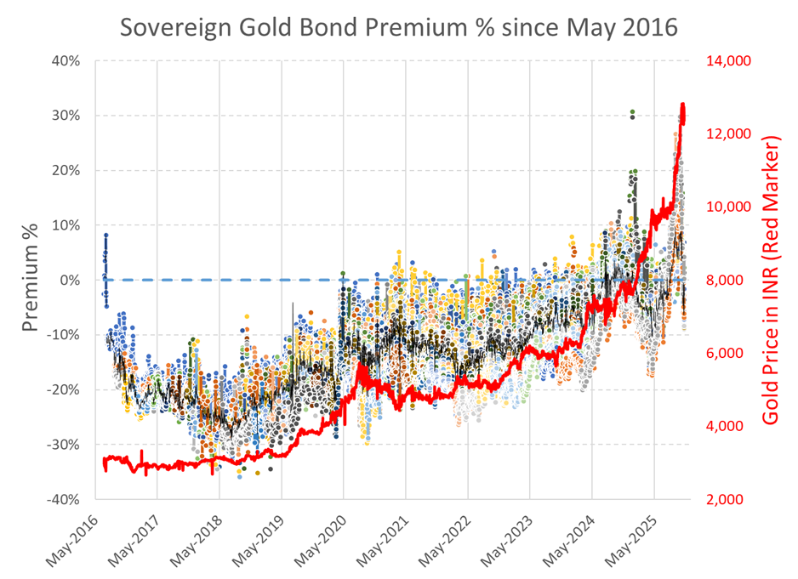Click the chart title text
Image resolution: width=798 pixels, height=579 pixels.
point(398,27)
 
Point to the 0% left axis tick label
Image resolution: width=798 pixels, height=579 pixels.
point(73,281)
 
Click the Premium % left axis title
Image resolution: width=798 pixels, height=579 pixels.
point(31,280)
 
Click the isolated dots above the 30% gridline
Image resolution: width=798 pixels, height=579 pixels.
point(632,114)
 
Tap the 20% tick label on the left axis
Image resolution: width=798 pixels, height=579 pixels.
point(69,171)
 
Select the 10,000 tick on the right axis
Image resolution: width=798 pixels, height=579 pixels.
point(725,207)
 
